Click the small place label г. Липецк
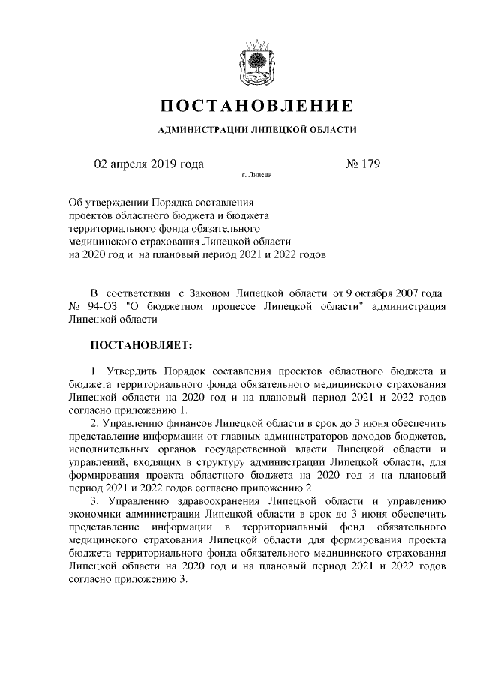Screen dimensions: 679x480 point(256,176)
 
